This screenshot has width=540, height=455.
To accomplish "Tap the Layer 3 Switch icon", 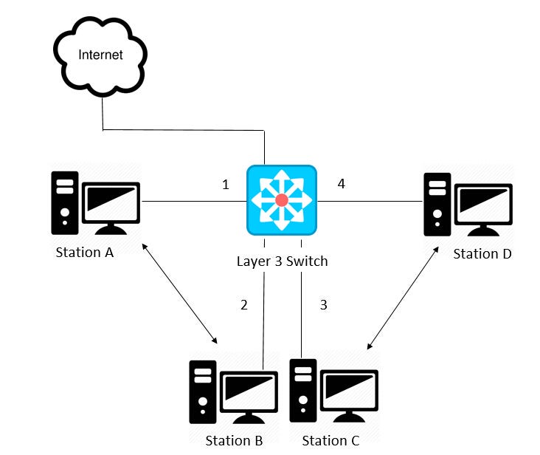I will pos(281,200).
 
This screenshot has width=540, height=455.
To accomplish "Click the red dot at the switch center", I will pos(281,201).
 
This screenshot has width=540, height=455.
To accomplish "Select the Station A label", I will pos(84,253).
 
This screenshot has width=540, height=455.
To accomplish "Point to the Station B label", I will pos(234,441).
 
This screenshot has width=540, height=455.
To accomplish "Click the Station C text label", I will pos(330,441).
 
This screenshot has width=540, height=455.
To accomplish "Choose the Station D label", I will pos(482,254).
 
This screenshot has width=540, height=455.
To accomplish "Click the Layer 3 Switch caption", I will pos(282,261).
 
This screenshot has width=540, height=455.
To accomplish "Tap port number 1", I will pos(226,185).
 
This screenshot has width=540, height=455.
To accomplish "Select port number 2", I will pos(244,304).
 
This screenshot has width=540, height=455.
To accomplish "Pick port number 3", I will pos(323,304).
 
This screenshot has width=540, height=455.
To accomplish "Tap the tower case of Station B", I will pos(202,391).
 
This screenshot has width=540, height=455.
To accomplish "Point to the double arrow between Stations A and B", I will pos(181,292).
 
